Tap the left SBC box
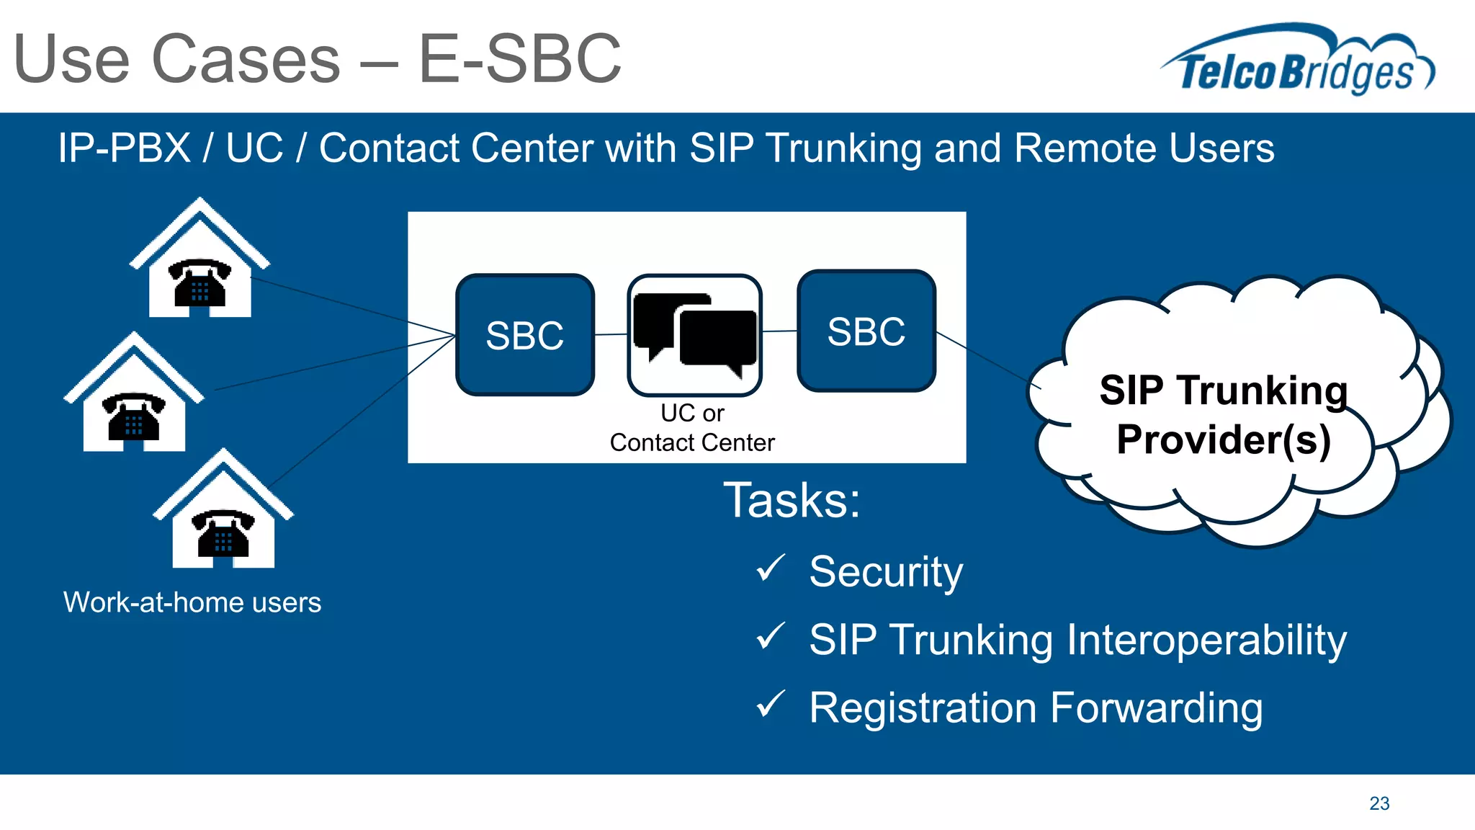click(525, 335)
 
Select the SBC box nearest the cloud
click(866, 331)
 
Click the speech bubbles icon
click(694, 334)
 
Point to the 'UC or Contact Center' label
click(692, 428)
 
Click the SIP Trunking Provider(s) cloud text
click(1223, 415)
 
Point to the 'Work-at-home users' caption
click(192, 602)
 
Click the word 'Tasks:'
click(792, 500)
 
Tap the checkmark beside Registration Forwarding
click(770, 705)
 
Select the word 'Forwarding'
click(1156, 708)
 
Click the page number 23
click(1379, 803)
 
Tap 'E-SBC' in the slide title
click(519, 59)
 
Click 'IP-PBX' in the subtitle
click(124, 148)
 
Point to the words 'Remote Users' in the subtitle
click(1144, 148)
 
